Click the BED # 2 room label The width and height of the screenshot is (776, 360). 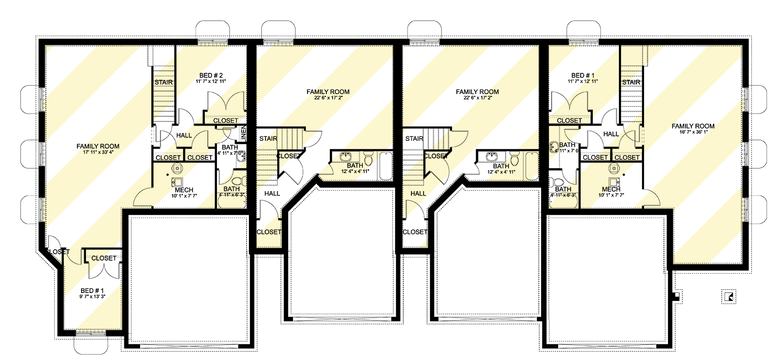pos(211,76)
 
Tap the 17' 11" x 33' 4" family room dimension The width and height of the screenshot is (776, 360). pos(98,152)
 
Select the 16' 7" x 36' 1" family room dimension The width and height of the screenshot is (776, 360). pos(693,132)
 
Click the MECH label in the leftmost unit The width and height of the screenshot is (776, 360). pos(184,190)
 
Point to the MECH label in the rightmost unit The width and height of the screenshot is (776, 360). pos(611,189)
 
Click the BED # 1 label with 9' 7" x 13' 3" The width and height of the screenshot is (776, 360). pos(92,291)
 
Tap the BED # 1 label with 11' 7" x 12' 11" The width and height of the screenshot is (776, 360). pos(583,76)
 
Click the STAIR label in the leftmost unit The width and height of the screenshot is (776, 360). pos(163,82)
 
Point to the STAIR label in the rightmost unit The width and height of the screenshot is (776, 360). pos(631,82)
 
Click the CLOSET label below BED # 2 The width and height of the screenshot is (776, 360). pos(226,121)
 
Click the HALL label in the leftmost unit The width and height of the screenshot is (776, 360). pos(184,135)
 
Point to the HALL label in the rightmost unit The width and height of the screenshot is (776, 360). pos(611,134)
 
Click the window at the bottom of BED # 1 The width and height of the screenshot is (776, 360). pos(91,333)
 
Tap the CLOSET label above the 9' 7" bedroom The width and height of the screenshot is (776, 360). pos(104,258)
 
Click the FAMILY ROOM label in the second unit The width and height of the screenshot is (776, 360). pos(328,92)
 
